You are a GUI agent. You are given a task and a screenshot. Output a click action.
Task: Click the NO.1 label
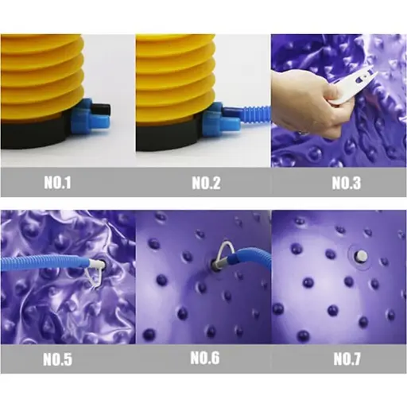point(57,183)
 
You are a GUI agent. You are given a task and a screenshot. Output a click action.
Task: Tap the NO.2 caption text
point(206,183)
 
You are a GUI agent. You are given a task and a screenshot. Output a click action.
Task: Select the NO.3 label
point(347,183)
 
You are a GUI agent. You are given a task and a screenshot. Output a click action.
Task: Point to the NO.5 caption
point(57,359)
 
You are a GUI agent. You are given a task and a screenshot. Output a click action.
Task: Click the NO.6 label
point(205,358)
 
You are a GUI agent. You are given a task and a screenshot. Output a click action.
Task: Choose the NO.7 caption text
point(347,359)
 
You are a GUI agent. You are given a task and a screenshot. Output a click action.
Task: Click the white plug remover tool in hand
point(352,81)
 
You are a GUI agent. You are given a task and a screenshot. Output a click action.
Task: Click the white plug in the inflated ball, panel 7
point(362,255)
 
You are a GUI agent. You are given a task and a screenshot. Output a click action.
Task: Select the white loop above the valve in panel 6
point(225,251)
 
